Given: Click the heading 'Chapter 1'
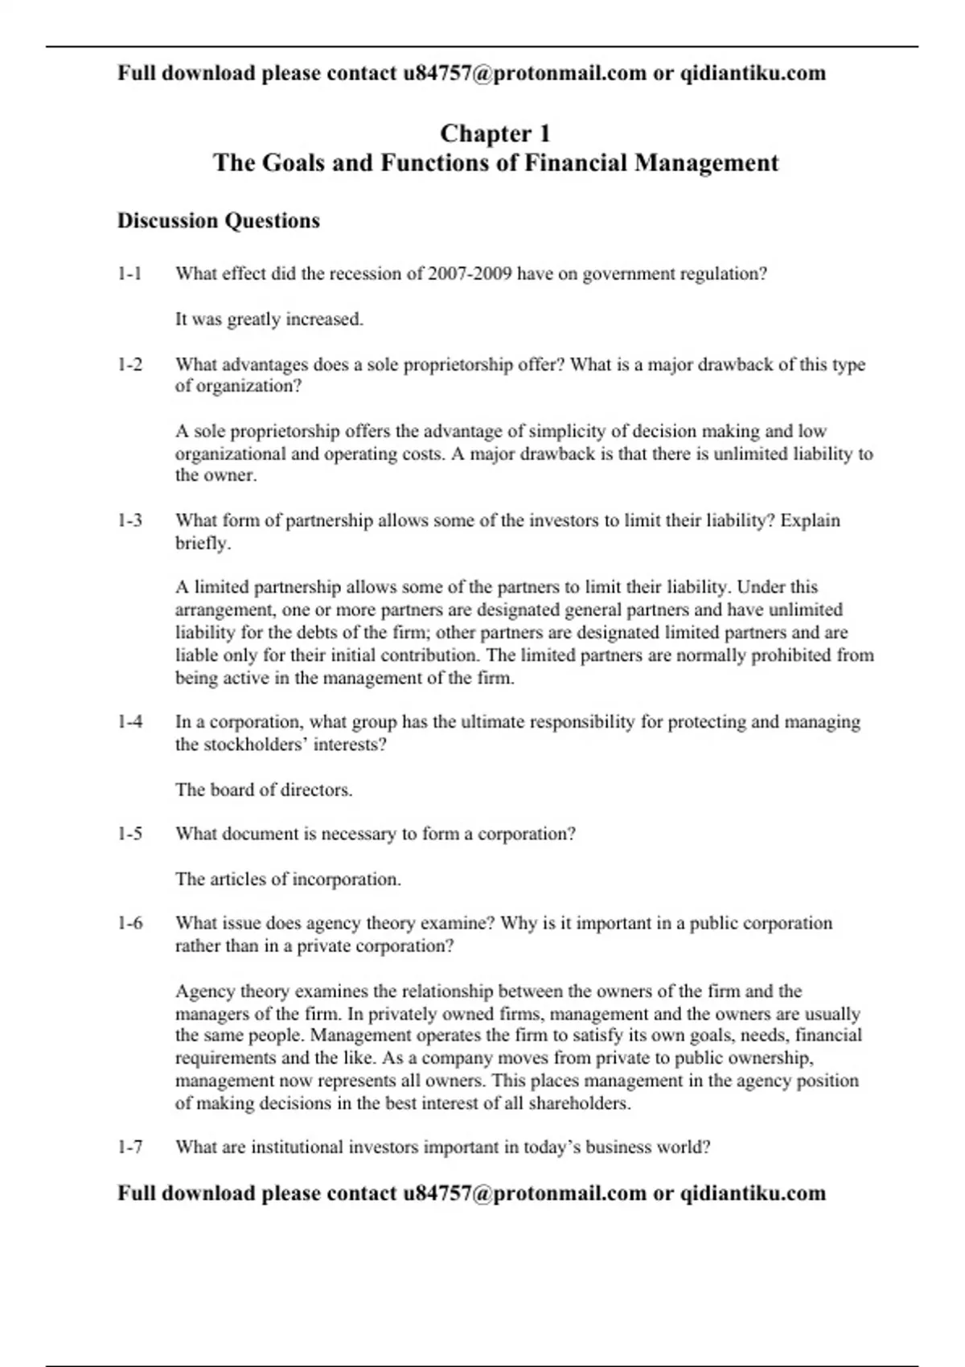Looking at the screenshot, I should point(495,133).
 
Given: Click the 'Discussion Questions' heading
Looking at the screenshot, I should point(219,221).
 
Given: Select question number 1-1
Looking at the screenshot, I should point(129,274).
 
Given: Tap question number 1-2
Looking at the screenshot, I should point(129,365).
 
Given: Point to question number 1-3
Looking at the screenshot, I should point(129,521).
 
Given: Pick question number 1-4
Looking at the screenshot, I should point(129,722).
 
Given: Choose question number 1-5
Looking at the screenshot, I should point(129,834).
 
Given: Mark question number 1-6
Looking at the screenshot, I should point(129,923).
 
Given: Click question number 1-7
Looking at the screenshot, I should point(129,1147).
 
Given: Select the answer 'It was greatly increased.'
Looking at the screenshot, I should point(269,319).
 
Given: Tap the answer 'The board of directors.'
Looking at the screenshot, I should point(264,790).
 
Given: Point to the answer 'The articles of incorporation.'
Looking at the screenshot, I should point(288,879).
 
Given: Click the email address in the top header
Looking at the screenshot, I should point(524,73).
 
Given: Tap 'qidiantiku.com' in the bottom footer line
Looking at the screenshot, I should point(753,1193).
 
